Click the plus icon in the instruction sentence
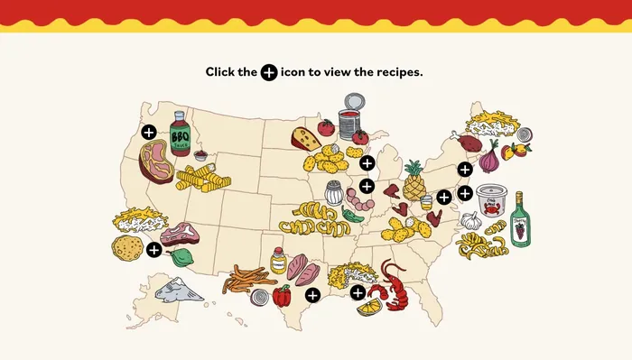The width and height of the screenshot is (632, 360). point(269,72)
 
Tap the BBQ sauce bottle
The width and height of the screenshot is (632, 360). point(180,134)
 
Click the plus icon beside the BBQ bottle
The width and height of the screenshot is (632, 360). point(149,131)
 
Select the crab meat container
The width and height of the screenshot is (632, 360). point(493,199)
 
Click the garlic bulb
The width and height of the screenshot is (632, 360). point(470,219)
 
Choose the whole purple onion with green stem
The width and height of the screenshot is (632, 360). point(488,159)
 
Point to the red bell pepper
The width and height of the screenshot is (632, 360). point(282,294)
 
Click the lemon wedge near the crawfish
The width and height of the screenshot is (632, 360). point(368,308)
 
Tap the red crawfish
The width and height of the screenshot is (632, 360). point(394,282)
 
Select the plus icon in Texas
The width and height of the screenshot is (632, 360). point(312,294)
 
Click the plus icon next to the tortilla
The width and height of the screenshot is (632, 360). point(153,249)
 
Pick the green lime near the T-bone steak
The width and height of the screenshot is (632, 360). point(183,257)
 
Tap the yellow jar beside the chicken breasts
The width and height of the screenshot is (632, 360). point(278,262)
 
